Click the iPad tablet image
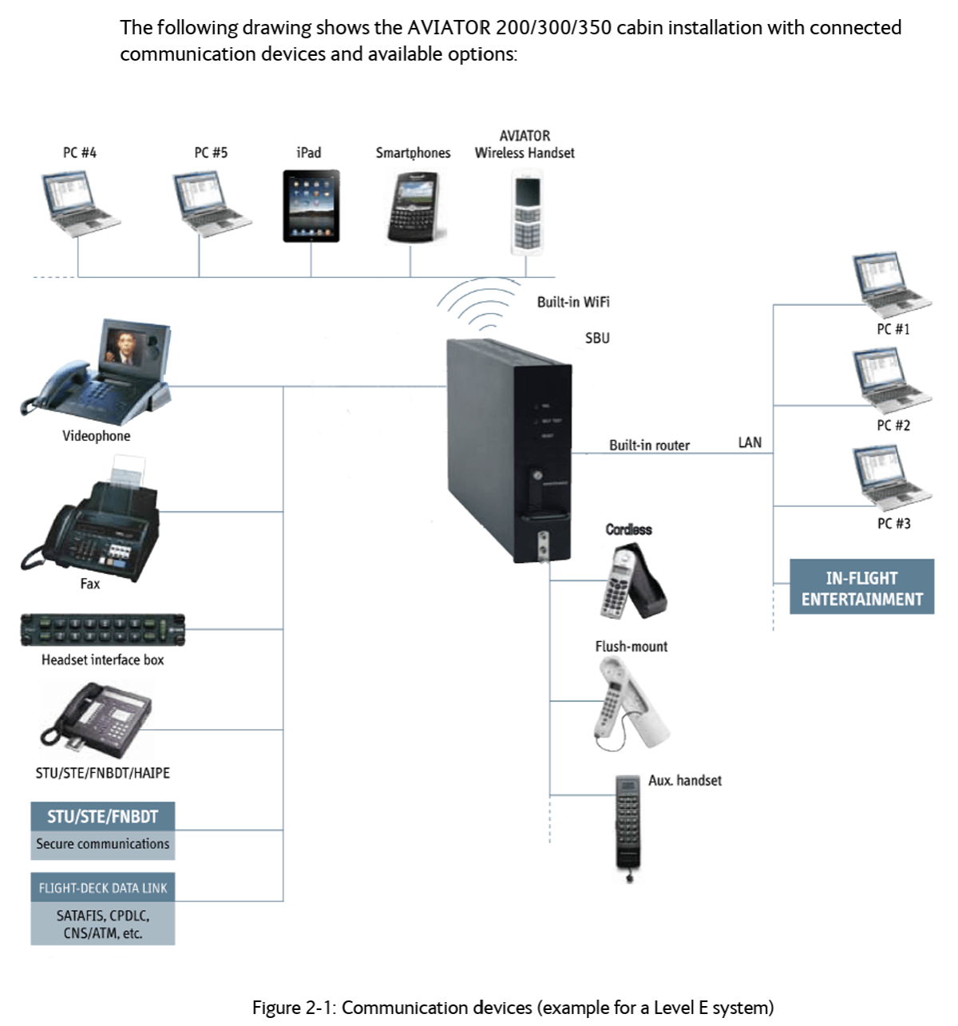[x=311, y=206]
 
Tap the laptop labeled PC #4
[x=80, y=204]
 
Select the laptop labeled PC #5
[x=212, y=204]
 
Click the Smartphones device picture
[x=415, y=207]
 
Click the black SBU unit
[x=509, y=450]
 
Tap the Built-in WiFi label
[x=573, y=302]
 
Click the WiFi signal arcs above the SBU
[x=478, y=303]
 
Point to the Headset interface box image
[x=102, y=630]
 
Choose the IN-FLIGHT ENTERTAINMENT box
[x=861, y=586]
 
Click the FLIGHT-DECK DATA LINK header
[x=103, y=888]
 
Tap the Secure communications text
[x=103, y=844]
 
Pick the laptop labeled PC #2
[x=893, y=380]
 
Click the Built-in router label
[x=649, y=446]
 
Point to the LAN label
[x=750, y=443]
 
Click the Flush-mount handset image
[x=631, y=703]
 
